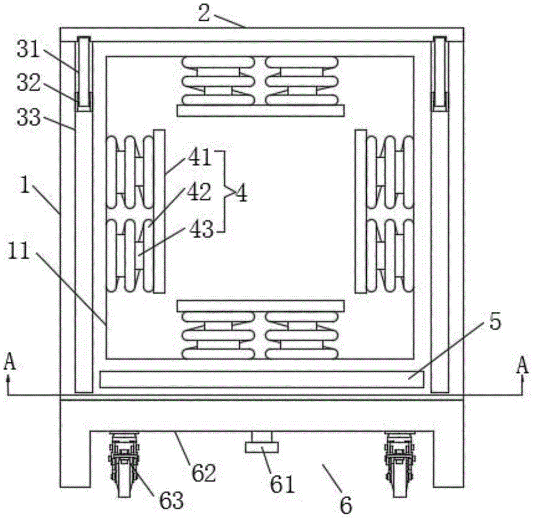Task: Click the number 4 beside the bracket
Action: coord(241,194)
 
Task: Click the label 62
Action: coord(204,472)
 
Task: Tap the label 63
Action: coord(171,500)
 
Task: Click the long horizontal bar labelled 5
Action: coord(261,379)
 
